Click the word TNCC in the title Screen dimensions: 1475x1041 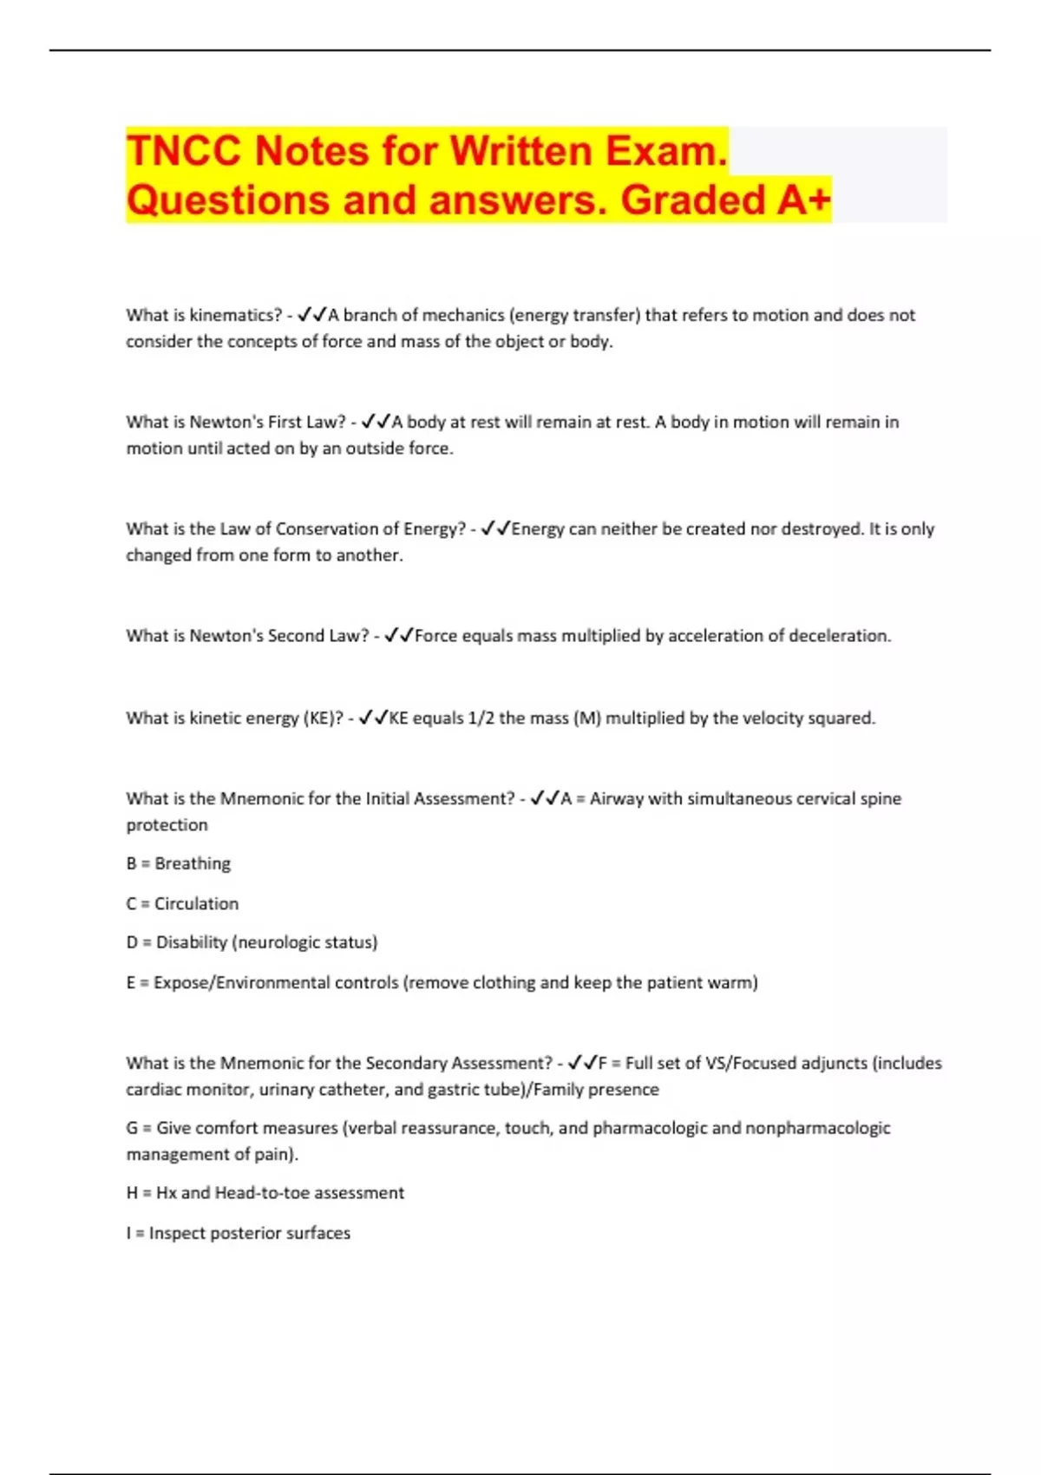point(184,151)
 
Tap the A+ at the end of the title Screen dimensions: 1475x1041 point(803,200)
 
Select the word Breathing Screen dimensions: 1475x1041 point(193,863)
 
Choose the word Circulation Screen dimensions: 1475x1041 point(196,903)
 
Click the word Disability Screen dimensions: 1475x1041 point(192,942)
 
